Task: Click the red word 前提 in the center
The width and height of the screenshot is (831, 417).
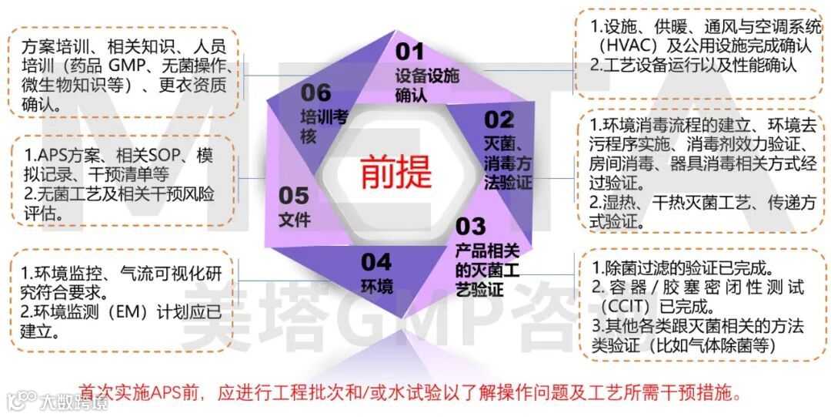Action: pos(395,171)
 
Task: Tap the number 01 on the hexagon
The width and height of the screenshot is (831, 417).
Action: pos(410,52)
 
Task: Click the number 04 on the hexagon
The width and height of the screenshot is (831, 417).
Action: pos(376,262)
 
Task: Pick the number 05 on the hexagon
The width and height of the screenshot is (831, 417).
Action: pos(294,196)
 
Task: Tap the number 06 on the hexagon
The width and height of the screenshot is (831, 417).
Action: pos(316,93)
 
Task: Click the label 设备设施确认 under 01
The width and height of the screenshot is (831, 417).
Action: pos(427,86)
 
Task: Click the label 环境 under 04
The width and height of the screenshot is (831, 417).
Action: pos(377,288)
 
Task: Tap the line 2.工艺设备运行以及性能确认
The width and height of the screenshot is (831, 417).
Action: pos(692,66)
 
